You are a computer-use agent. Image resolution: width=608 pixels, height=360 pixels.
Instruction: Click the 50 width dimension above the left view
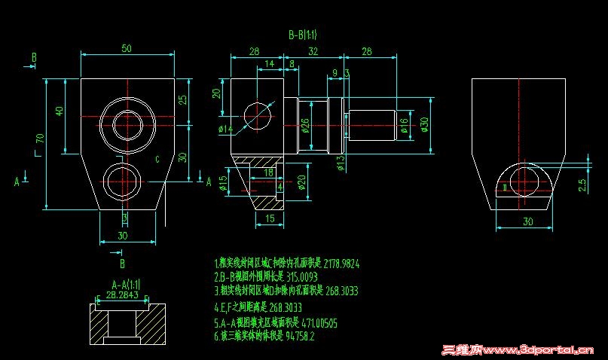126,48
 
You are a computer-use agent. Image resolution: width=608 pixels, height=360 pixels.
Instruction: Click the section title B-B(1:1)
302,35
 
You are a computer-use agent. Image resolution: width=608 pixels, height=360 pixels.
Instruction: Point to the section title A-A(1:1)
125,284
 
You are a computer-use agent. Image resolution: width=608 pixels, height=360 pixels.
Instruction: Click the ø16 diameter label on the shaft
404,125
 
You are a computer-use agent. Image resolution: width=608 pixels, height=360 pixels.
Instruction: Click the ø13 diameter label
340,161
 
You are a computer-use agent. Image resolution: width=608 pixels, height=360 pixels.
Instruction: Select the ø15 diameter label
223,184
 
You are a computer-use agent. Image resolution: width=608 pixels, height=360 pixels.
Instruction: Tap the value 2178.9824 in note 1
341,264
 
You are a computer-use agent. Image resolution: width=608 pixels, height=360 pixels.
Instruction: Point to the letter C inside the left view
157,159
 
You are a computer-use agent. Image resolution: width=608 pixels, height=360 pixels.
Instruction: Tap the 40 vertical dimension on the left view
59,111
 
